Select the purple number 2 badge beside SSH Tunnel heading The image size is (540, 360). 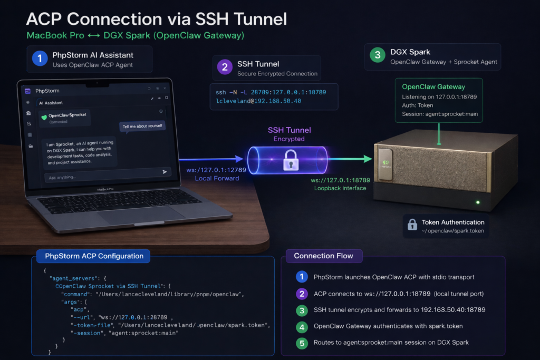[x=225, y=67]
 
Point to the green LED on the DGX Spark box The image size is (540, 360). [x=477, y=202]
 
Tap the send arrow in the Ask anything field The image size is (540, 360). [x=165, y=172]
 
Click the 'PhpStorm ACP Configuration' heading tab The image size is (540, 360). [x=94, y=256]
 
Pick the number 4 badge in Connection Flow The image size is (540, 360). [x=301, y=327]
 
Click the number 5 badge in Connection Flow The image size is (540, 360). [x=301, y=343]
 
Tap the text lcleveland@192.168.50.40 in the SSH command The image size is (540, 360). [x=255, y=101]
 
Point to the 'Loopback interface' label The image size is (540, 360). [x=340, y=188]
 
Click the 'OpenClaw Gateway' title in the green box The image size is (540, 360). [x=433, y=87]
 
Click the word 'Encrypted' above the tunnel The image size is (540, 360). [x=288, y=139]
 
